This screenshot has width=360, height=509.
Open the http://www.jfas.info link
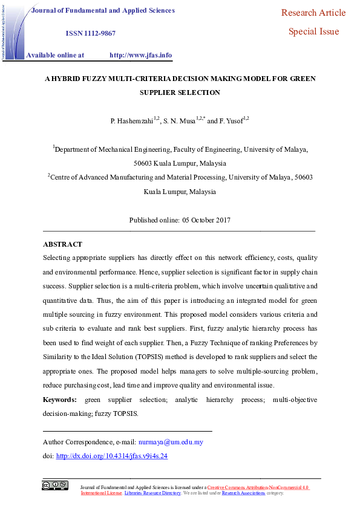click(x=140, y=55)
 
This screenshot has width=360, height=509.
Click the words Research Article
click(x=313, y=13)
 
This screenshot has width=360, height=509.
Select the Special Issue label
click(x=313, y=31)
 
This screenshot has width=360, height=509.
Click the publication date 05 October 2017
click(x=205, y=220)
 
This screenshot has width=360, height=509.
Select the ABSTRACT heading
click(x=62, y=244)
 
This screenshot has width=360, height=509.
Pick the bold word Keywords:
click(x=59, y=400)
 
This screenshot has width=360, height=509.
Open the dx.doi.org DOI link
click(x=111, y=456)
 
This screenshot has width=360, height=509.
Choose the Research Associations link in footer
click(x=243, y=493)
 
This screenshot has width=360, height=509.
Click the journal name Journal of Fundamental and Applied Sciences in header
click(x=103, y=10)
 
